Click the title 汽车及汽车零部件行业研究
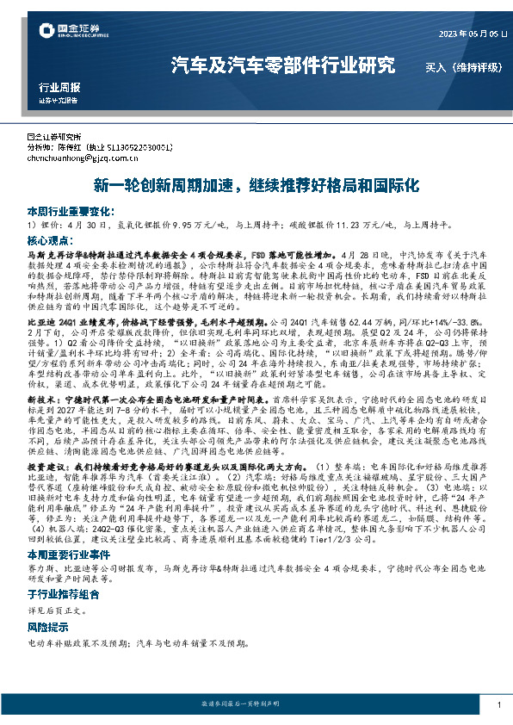[x=283, y=65]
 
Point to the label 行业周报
[x=59, y=88]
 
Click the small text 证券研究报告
[x=59, y=100]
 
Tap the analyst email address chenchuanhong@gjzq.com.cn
[x=82, y=158]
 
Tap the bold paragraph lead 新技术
[x=45, y=400]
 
